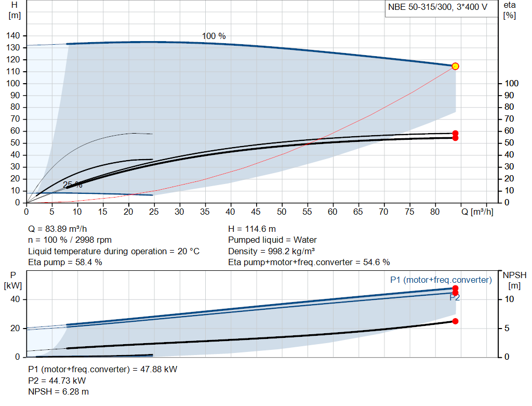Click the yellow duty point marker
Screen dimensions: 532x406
tap(455, 66)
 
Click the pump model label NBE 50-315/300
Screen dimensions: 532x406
tap(420, 7)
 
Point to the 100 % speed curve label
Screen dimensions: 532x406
tap(214, 36)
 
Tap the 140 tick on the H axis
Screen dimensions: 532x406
tap(13, 36)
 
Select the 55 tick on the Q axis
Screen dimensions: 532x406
tap(307, 212)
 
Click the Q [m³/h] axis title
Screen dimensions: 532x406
tap(477, 212)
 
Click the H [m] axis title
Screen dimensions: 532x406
tap(14, 10)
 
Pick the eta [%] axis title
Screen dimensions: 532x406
tap(510, 10)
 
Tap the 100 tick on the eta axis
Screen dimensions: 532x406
tap(512, 84)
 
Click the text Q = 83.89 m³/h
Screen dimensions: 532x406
tap(57, 229)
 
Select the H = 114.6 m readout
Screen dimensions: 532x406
tap(252, 229)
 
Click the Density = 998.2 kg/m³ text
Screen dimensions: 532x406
tap(271, 251)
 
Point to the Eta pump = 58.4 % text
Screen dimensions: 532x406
tap(65, 263)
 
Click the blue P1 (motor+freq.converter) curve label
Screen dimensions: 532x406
tap(441, 280)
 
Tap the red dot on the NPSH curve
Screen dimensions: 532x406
tap(455, 321)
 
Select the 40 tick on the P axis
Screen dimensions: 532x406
tap(15, 299)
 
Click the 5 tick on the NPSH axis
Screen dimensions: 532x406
tap(507, 328)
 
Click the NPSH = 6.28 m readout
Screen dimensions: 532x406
tap(58, 392)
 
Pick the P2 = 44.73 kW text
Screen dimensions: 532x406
tap(57, 381)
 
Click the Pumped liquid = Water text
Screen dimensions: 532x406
tap(272, 240)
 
